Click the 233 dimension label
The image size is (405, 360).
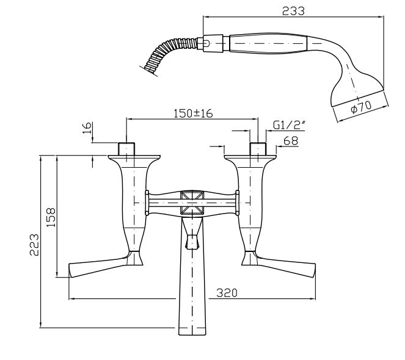tap(293, 11)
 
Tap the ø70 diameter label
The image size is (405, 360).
tap(361, 107)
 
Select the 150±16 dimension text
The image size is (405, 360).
tap(193, 113)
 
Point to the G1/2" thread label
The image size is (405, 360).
tap(290, 125)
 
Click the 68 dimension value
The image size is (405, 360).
tap(291, 141)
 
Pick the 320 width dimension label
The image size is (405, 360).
tap(227, 293)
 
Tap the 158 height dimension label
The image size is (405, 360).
tap(51, 217)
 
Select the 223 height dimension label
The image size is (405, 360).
tap(34, 245)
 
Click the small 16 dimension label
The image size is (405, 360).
tap(87, 128)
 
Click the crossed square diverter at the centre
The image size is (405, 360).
tap(192, 203)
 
